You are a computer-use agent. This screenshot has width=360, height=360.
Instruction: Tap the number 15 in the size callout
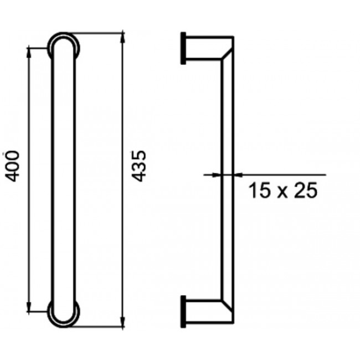click(258, 191)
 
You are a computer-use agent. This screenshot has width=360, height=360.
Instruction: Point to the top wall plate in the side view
click(183, 48)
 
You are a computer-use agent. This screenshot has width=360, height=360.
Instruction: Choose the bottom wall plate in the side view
click(183, 311)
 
